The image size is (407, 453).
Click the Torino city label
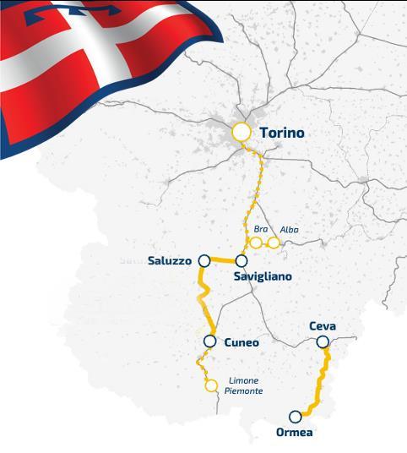(x=281, y=134)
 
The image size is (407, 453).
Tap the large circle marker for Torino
(x=242, y=133)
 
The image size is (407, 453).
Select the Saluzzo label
(x=170, y=259)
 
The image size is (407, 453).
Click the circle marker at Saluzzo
(x=203, y=260)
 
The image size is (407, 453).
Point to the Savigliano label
(x=269, y=276)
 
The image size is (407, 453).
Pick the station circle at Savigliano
(x=241, y=260)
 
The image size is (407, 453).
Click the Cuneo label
(x=241, y=342)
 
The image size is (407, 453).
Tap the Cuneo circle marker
(x=209, y=341)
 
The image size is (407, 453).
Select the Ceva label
(x=323, y=326)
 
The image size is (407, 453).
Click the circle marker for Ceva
(x=322, y=341)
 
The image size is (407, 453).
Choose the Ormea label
(x=293, y=433)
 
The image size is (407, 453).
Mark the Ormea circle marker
(x=295, y=417)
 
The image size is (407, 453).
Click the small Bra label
(x=260, y=229)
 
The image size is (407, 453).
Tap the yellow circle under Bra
(x=256, y=243)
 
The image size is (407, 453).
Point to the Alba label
(x=289, y=229)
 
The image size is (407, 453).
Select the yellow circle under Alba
(x=274, y=243)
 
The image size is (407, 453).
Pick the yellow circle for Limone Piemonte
(x=211, y=386)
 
